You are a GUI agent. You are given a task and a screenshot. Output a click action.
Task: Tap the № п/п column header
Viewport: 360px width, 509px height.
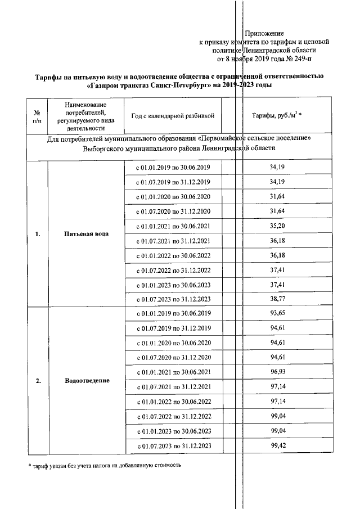point(37,116)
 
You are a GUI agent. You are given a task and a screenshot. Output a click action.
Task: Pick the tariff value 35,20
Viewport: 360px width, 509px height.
point(276,226)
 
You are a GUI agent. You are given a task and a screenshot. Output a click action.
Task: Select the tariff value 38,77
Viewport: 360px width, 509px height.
point(276,299)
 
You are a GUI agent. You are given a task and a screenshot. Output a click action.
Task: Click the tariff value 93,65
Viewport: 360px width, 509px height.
point(276,313)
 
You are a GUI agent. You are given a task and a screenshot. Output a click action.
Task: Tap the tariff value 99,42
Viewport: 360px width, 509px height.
point(276,445)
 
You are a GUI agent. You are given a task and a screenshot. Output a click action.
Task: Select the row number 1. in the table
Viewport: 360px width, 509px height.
point(37,235)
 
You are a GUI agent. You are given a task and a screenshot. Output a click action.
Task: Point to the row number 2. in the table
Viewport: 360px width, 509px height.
point(37,381)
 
